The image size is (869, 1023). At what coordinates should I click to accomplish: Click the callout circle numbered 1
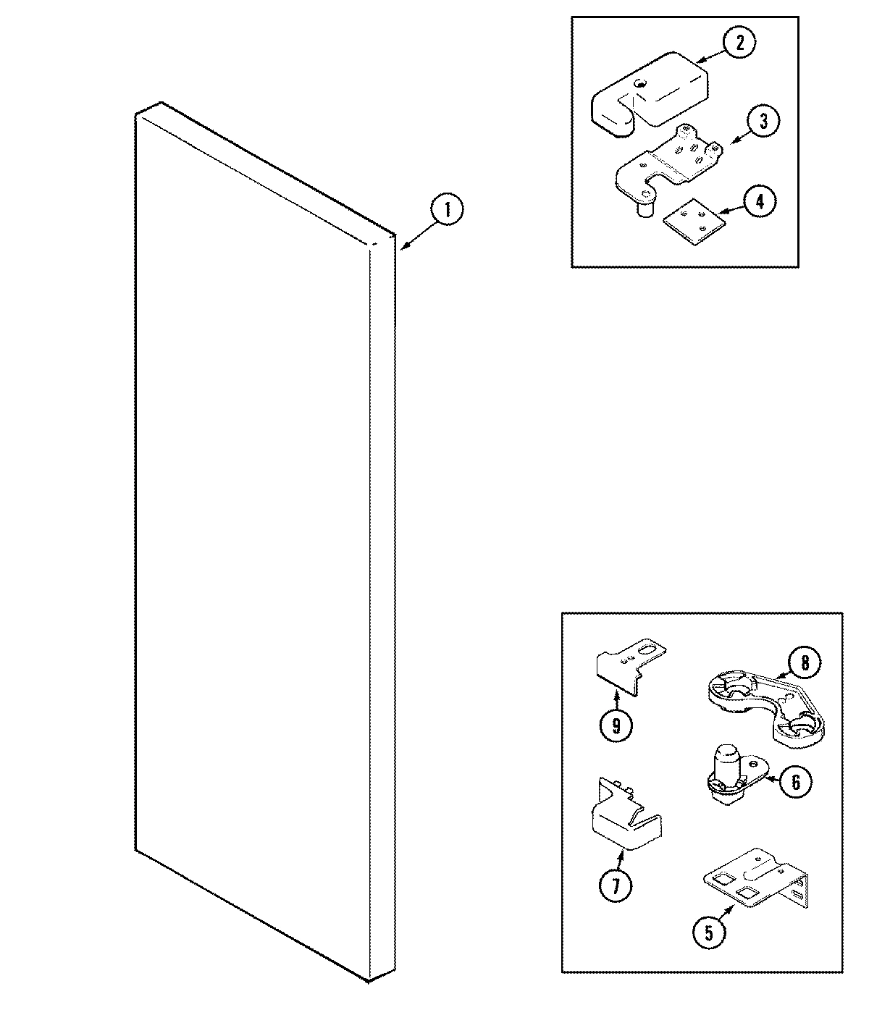click(447, 211)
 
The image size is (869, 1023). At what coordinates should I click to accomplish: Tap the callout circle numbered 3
click(763, 122)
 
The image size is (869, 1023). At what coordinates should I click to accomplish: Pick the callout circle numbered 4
click(759, 201)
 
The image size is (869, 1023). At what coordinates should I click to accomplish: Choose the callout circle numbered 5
click(708, 933)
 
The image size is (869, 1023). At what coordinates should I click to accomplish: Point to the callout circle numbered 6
click(795, 781)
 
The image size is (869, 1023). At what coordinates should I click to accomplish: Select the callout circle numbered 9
click(616, 725)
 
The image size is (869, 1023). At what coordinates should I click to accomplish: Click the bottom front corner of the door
click(369, 981)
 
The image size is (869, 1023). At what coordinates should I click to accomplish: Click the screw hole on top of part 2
click(639, 85)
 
